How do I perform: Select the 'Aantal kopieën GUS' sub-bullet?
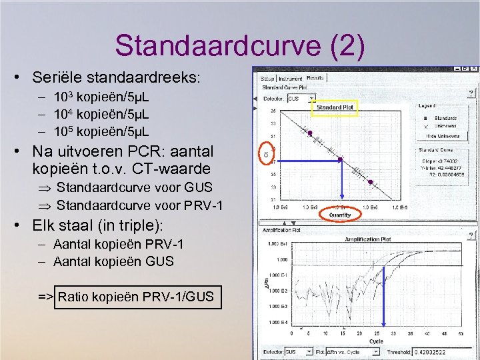tap(113, 261)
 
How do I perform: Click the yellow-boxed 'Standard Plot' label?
tap(335, 107)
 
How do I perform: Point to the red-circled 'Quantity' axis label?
tap(340, 215)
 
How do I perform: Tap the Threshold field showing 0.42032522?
tap(438, 351)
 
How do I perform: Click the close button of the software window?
tap(473, 69)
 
